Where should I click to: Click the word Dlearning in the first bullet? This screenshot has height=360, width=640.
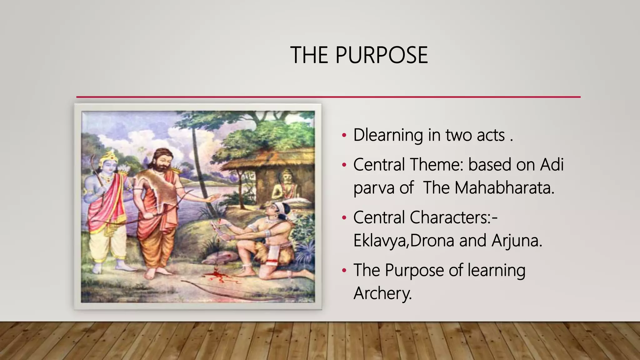coord(388,135)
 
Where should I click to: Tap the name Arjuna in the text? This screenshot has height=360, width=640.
coord(517,240)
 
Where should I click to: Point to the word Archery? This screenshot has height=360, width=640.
coord(382,293)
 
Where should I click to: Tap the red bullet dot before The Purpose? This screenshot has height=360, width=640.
coord(344,270)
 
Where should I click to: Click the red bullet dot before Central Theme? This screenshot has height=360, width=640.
coord(344,165)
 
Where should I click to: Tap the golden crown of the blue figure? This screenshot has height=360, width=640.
coord(111,156)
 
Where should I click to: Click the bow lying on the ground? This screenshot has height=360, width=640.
coord(237,289)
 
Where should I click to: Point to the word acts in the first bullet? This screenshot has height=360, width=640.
coord(491,135)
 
